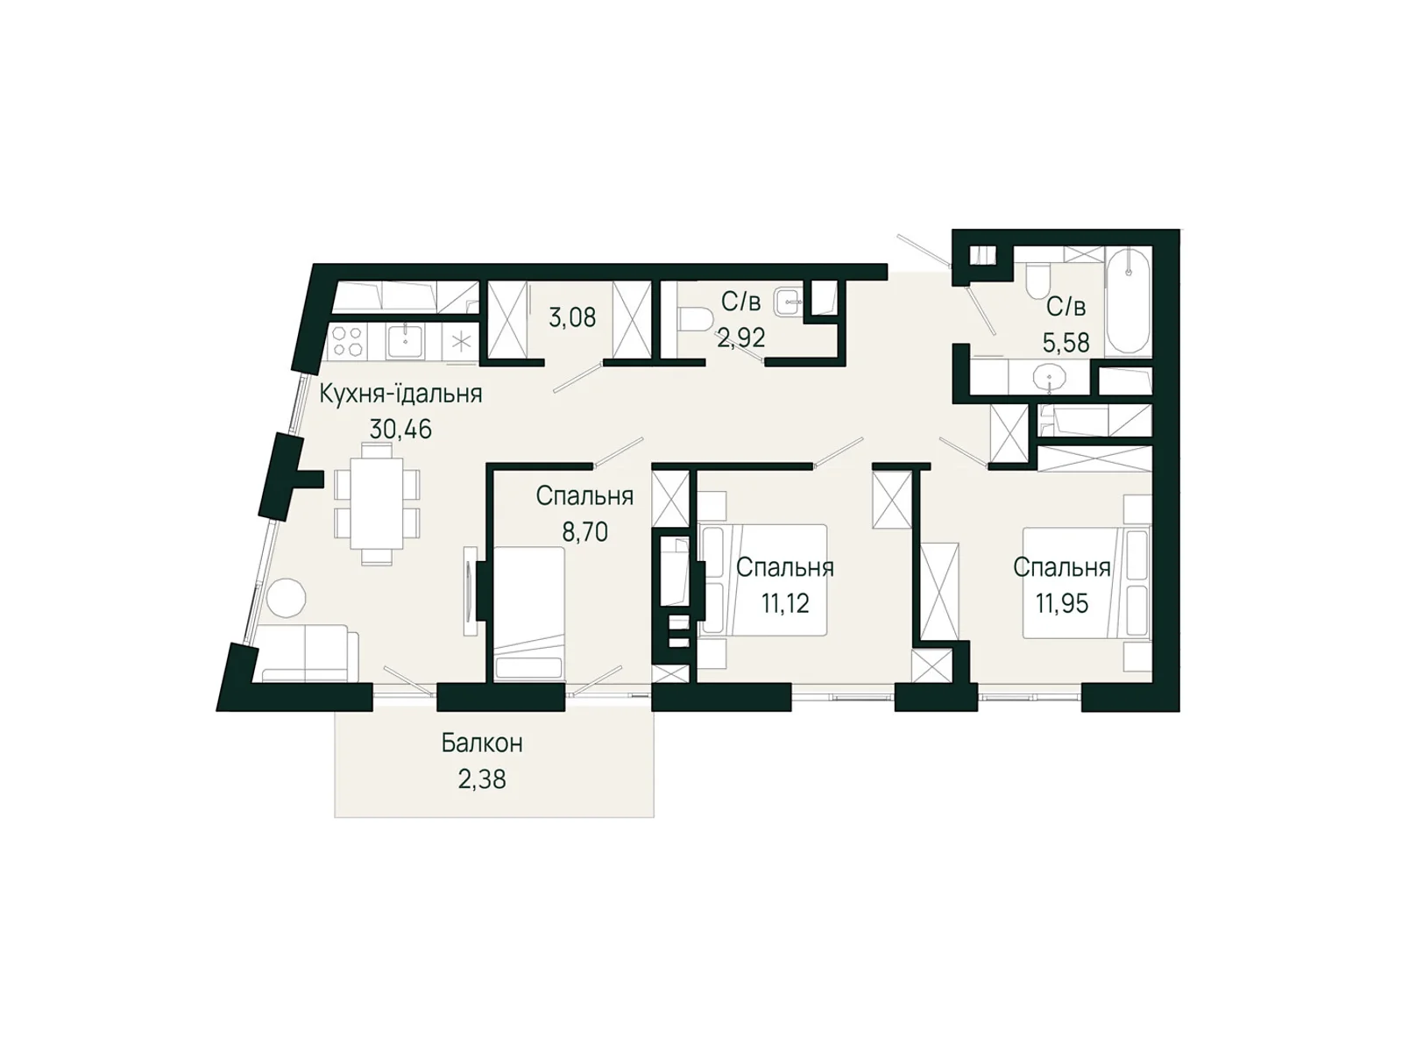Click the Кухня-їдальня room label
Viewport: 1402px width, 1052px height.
[400, 394]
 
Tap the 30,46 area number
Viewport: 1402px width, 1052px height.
[400, 430]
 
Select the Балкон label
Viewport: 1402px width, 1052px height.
[482, 743]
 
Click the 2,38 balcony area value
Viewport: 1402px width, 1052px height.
[482, 778]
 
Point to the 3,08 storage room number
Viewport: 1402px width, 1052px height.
[572, 316]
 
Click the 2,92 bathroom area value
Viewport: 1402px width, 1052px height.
[741, 338]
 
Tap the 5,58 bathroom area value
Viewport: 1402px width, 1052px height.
[1066, 343]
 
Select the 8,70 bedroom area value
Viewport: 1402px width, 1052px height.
[584, 531]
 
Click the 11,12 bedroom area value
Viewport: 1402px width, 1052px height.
[785, 602]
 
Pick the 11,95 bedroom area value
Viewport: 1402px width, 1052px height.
[1061, 602]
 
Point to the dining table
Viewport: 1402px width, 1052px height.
[377, 503]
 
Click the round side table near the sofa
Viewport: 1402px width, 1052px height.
[287, 598]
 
